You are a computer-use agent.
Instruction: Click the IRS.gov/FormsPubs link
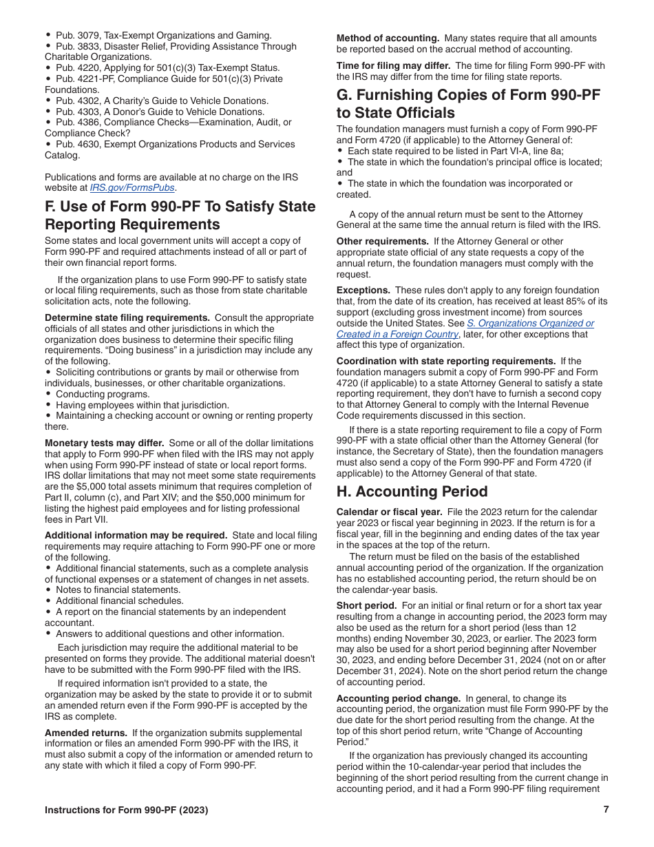(133, 187)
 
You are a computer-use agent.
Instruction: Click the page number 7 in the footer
(606, 810)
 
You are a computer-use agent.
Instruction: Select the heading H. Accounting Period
(412, 492)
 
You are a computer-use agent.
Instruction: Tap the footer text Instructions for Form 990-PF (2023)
(126, 810)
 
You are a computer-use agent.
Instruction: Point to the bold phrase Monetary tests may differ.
(105, 443)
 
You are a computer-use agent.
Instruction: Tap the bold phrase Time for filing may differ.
(393, 66)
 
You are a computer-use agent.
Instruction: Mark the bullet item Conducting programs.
(103, 395)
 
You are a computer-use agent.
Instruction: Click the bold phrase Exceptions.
(363, 291)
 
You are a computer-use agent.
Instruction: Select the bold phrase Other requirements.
(382, 242)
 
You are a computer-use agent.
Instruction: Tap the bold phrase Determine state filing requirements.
(127, 317)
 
